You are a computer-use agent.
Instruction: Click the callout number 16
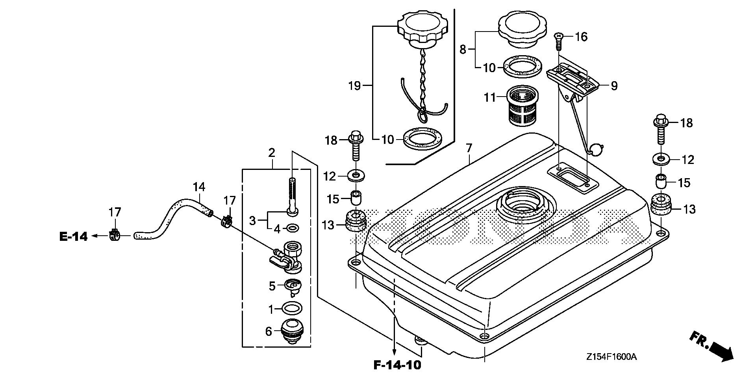pos(581,37)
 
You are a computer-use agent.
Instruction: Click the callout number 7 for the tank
pos(469,149)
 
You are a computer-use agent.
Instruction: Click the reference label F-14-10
pos(397,365)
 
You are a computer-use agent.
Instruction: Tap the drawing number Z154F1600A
pos(611,357)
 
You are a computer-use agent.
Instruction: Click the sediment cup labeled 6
pos(292,331)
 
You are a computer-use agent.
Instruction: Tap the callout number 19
pos(355,86)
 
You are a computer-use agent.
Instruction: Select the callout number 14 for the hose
pos(199,187)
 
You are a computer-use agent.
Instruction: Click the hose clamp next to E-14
pos(114,235)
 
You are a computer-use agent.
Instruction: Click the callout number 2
pos(271,153)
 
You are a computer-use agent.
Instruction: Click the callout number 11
pos(490,97)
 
